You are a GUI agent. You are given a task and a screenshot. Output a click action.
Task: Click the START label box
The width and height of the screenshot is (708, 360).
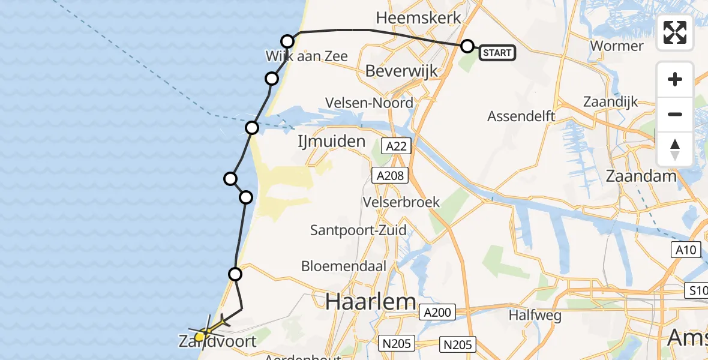(x=497, y=53)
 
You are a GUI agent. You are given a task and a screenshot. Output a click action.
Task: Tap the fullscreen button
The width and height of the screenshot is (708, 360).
(x=675, y=32)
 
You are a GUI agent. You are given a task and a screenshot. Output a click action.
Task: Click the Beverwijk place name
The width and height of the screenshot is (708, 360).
(x=401, y=71)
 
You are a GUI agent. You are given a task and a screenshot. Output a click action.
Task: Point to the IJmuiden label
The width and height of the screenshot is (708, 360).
(x=331, y=142)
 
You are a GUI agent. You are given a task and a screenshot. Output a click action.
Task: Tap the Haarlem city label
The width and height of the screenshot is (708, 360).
(x=371, y=301)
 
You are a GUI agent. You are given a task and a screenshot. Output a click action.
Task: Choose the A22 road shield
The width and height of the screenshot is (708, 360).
(x=396, y=145)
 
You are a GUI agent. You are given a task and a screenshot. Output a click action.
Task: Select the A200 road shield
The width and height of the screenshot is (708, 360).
(x=437, y=312)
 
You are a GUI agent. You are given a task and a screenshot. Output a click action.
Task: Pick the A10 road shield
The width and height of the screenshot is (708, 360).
(x=685, y=249)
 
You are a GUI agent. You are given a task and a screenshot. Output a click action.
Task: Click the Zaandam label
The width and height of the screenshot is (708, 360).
(x=641, y=176)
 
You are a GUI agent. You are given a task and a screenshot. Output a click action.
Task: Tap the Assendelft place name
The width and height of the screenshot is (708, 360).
(x=521, y=116)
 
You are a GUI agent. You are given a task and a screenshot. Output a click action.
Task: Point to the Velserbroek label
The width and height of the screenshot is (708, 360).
(x=401, y=202)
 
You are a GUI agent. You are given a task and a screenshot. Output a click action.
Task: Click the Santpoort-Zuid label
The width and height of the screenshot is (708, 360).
(x=358, y=230)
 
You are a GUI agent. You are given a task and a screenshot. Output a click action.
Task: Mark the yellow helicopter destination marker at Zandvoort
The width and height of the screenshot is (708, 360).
(x=200, y=336)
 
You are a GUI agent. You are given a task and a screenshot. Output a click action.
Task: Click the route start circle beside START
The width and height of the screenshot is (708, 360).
(x=467, y=46)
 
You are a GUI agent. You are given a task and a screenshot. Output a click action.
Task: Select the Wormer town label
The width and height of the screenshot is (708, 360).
(x=617, y=46)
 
